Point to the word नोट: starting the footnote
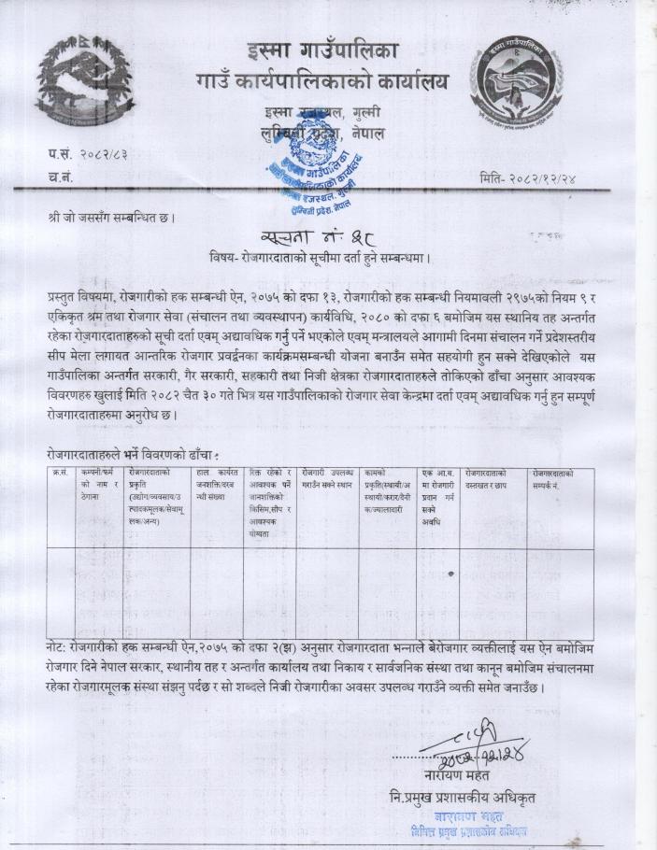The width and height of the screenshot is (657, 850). pos(62,647)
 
